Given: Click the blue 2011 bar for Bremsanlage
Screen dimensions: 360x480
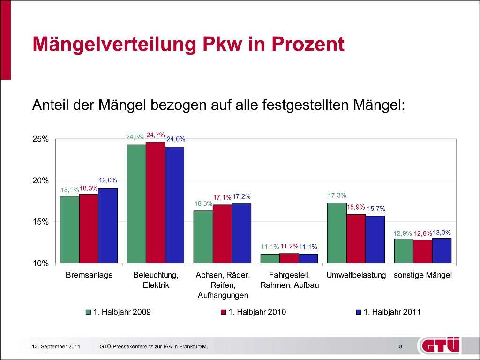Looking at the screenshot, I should tap(108, 225).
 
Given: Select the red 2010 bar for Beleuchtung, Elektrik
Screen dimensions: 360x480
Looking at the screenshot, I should tap(156, 202).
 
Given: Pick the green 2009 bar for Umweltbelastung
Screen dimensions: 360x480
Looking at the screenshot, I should tap(337, 232).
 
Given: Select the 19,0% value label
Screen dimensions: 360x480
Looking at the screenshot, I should tap(108, 180).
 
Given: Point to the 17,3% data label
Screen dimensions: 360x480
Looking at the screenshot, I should tap(337, 195).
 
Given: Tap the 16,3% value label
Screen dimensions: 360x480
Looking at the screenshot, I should tap(203, 204).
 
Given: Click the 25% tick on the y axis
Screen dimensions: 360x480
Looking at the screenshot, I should tap(41, 139).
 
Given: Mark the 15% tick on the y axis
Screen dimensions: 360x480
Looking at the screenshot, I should tap(41, 222).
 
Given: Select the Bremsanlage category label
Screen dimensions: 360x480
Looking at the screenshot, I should tap(89, 275).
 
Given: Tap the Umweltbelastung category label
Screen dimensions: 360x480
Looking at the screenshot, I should tap(356, 275).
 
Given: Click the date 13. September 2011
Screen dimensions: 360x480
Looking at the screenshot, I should tap(56, 346).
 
